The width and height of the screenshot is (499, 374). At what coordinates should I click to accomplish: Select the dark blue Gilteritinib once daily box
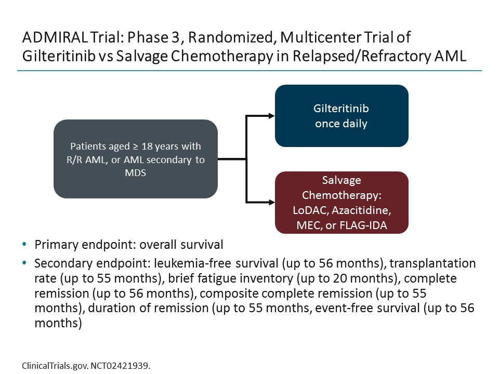pos(341,116)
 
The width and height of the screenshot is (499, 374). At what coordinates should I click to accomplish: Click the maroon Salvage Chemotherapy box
pos(341,202)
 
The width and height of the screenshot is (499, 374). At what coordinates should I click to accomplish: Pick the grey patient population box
pos(135,159)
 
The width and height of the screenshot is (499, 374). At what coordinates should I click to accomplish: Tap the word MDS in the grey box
pos(135,173)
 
